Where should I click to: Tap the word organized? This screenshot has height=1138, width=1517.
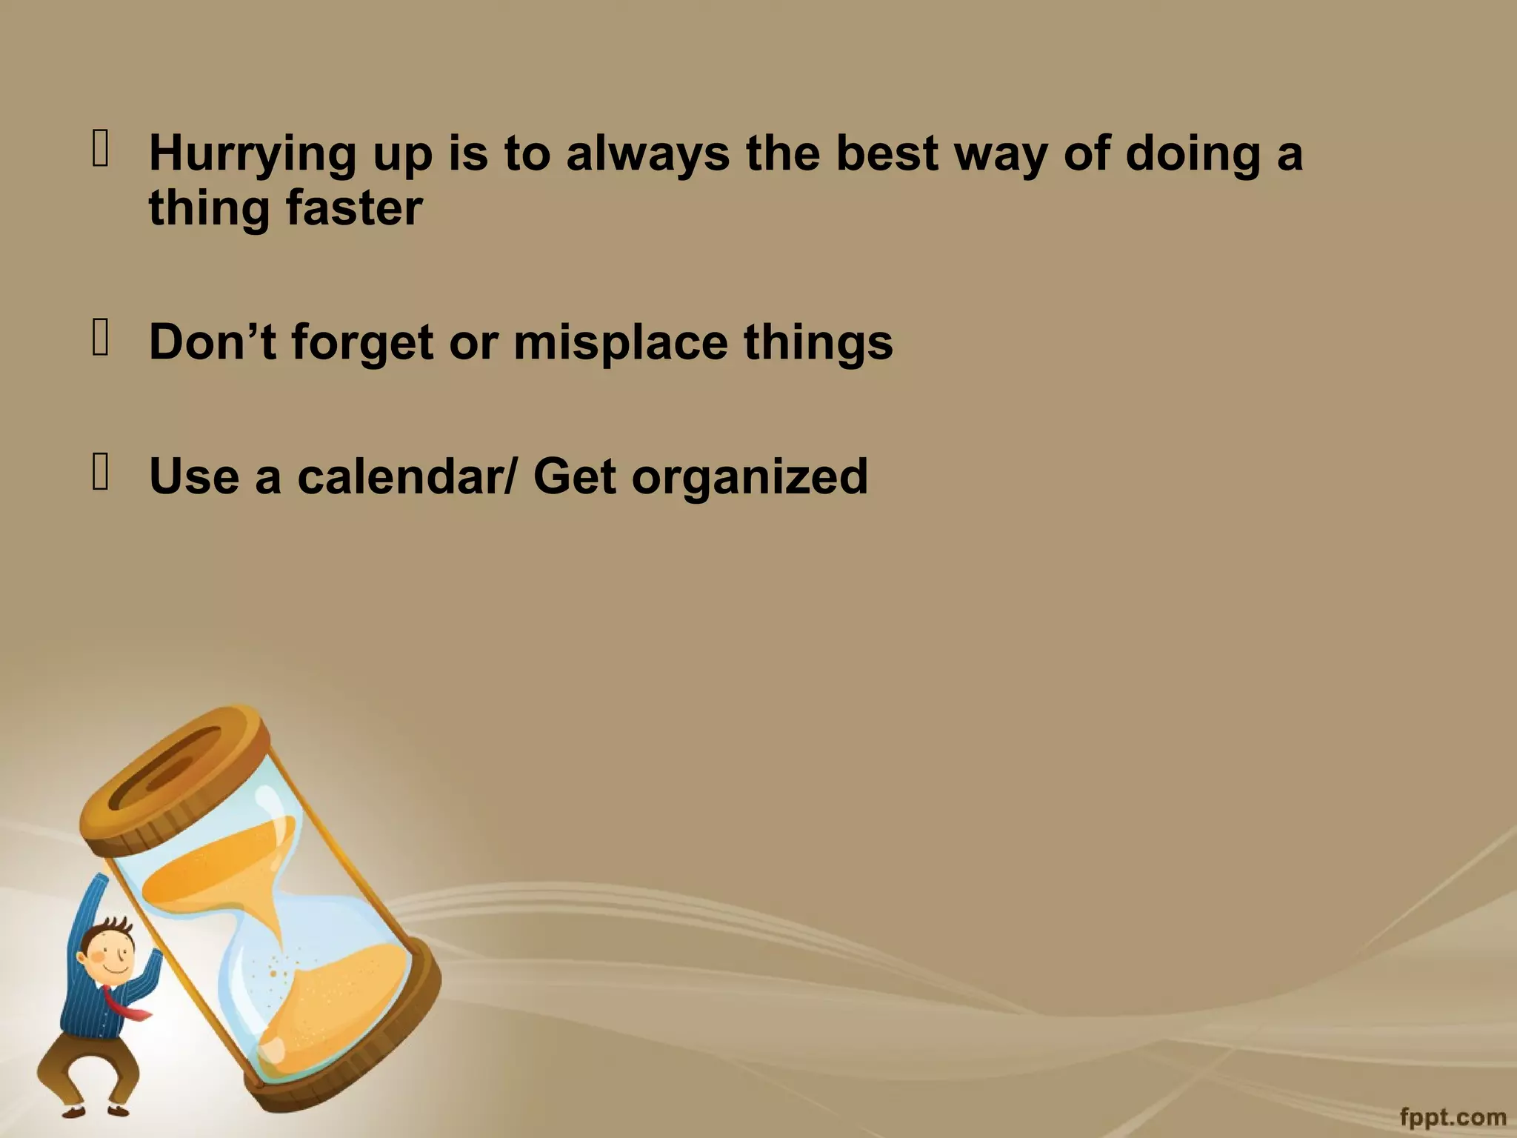749,477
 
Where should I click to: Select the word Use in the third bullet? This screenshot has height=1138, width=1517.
194,476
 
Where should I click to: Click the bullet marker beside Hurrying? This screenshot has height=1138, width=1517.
100,147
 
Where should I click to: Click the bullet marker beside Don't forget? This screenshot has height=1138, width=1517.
100,337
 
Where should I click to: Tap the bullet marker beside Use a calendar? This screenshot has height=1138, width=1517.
100,471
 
